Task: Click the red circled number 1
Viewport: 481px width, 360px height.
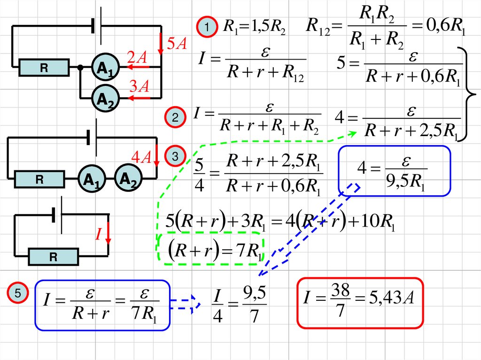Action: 206,28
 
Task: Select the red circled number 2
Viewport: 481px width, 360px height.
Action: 175,118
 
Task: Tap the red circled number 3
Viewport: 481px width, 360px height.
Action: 175,156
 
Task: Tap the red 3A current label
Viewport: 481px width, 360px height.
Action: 140,86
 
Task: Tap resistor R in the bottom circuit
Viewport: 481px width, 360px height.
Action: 53,257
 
